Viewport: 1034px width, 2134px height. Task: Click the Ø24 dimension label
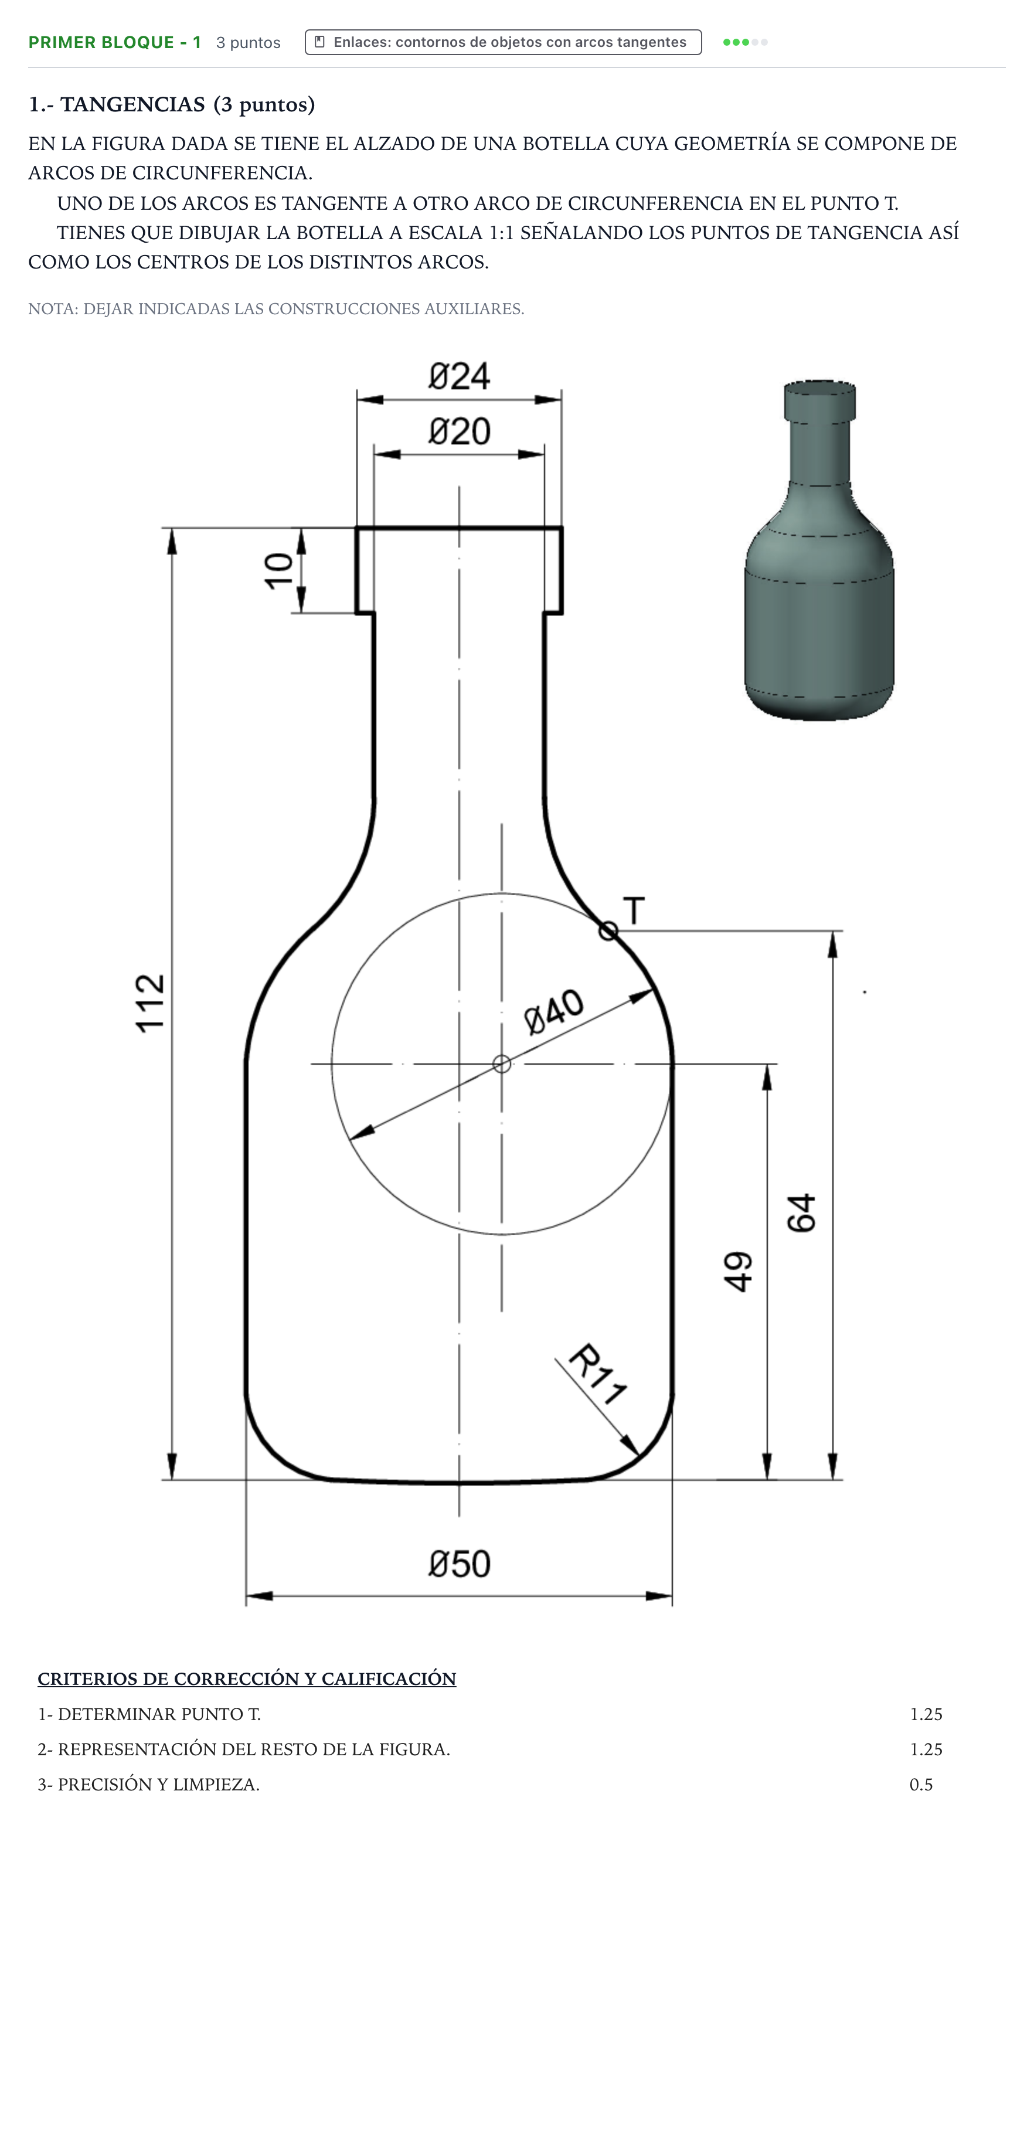tap(459, 376)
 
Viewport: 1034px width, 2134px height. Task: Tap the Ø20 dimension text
tap(459, 431)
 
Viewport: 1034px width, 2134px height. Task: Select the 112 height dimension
tap(151, 1003)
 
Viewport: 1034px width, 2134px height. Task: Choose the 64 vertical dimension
tap(801, 1214)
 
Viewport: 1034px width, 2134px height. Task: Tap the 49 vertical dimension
tap(738, 1272)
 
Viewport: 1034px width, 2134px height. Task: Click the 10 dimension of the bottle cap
tap(279, 571)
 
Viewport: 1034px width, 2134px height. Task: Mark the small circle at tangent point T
tap(608, 931)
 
